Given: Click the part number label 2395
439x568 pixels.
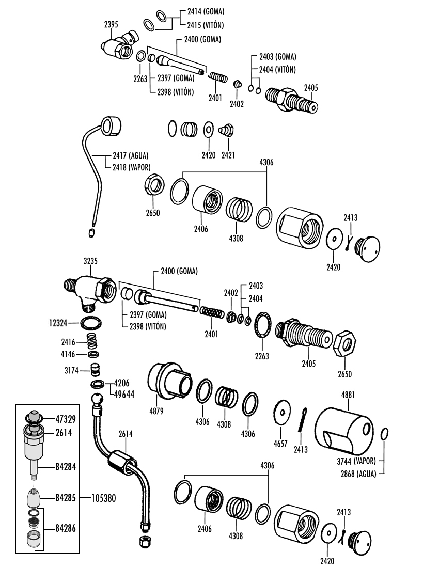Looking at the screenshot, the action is (x=111, y=25).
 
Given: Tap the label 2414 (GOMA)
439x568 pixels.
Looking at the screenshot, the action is (x=206, y=11).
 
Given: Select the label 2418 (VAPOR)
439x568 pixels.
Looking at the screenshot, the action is (x=131, y=167).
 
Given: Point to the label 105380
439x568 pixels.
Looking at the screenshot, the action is (x=104, y=498).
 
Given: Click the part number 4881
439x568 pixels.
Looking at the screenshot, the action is (x=348, y=395).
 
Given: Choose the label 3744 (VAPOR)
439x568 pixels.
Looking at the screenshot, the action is (x=356, y=461).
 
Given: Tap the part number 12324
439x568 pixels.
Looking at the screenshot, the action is (x=58, y=322).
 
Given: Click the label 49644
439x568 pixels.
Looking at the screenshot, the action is (x=124, y=394).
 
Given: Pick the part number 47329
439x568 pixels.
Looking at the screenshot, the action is (x=66, y=419).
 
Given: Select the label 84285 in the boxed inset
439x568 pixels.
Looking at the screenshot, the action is (x=66, y=498).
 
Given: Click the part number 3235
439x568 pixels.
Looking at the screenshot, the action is (x=90, y=261).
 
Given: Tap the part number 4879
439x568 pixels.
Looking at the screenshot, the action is (x=156, y=411).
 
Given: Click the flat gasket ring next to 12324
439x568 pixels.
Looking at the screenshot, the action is (x=91, y=323).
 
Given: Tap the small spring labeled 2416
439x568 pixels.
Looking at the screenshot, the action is (x=93, y=341).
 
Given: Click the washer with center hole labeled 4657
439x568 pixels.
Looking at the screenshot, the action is (x=282, y=412).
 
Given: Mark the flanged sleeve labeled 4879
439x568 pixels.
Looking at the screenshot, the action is (x=169, y=381).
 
